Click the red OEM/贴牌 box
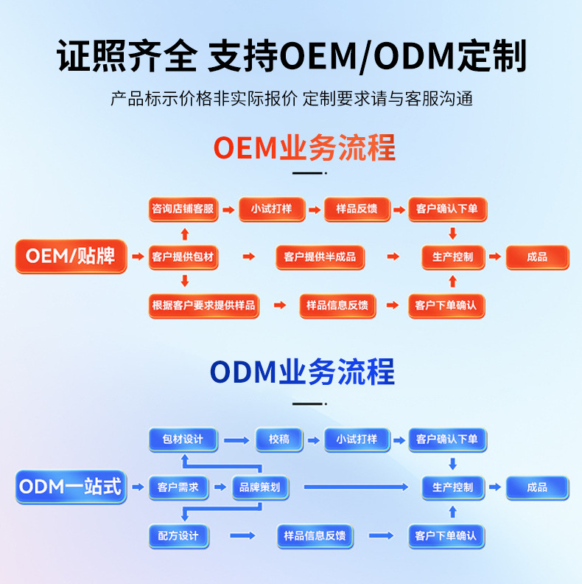click(71, 257)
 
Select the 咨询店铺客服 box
click(183, 209)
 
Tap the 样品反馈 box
click(357, 209)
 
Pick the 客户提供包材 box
click(183, 257)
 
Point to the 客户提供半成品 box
click(320, 257)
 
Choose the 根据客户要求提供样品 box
click(204, 305)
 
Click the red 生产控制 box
click(452, 257)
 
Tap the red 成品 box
click(537, 257)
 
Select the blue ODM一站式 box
click(71, 487)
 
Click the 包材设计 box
click(183, 439)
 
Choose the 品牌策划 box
click(260, 487)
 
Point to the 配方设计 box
click(178, 535)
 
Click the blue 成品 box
click(537, 487)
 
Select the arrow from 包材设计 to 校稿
click(236, 440)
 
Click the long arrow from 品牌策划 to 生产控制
click(355, 487)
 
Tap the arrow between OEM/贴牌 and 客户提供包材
click(137, 257)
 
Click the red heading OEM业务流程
click(304, 147)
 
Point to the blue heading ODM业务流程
click(302, 372)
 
